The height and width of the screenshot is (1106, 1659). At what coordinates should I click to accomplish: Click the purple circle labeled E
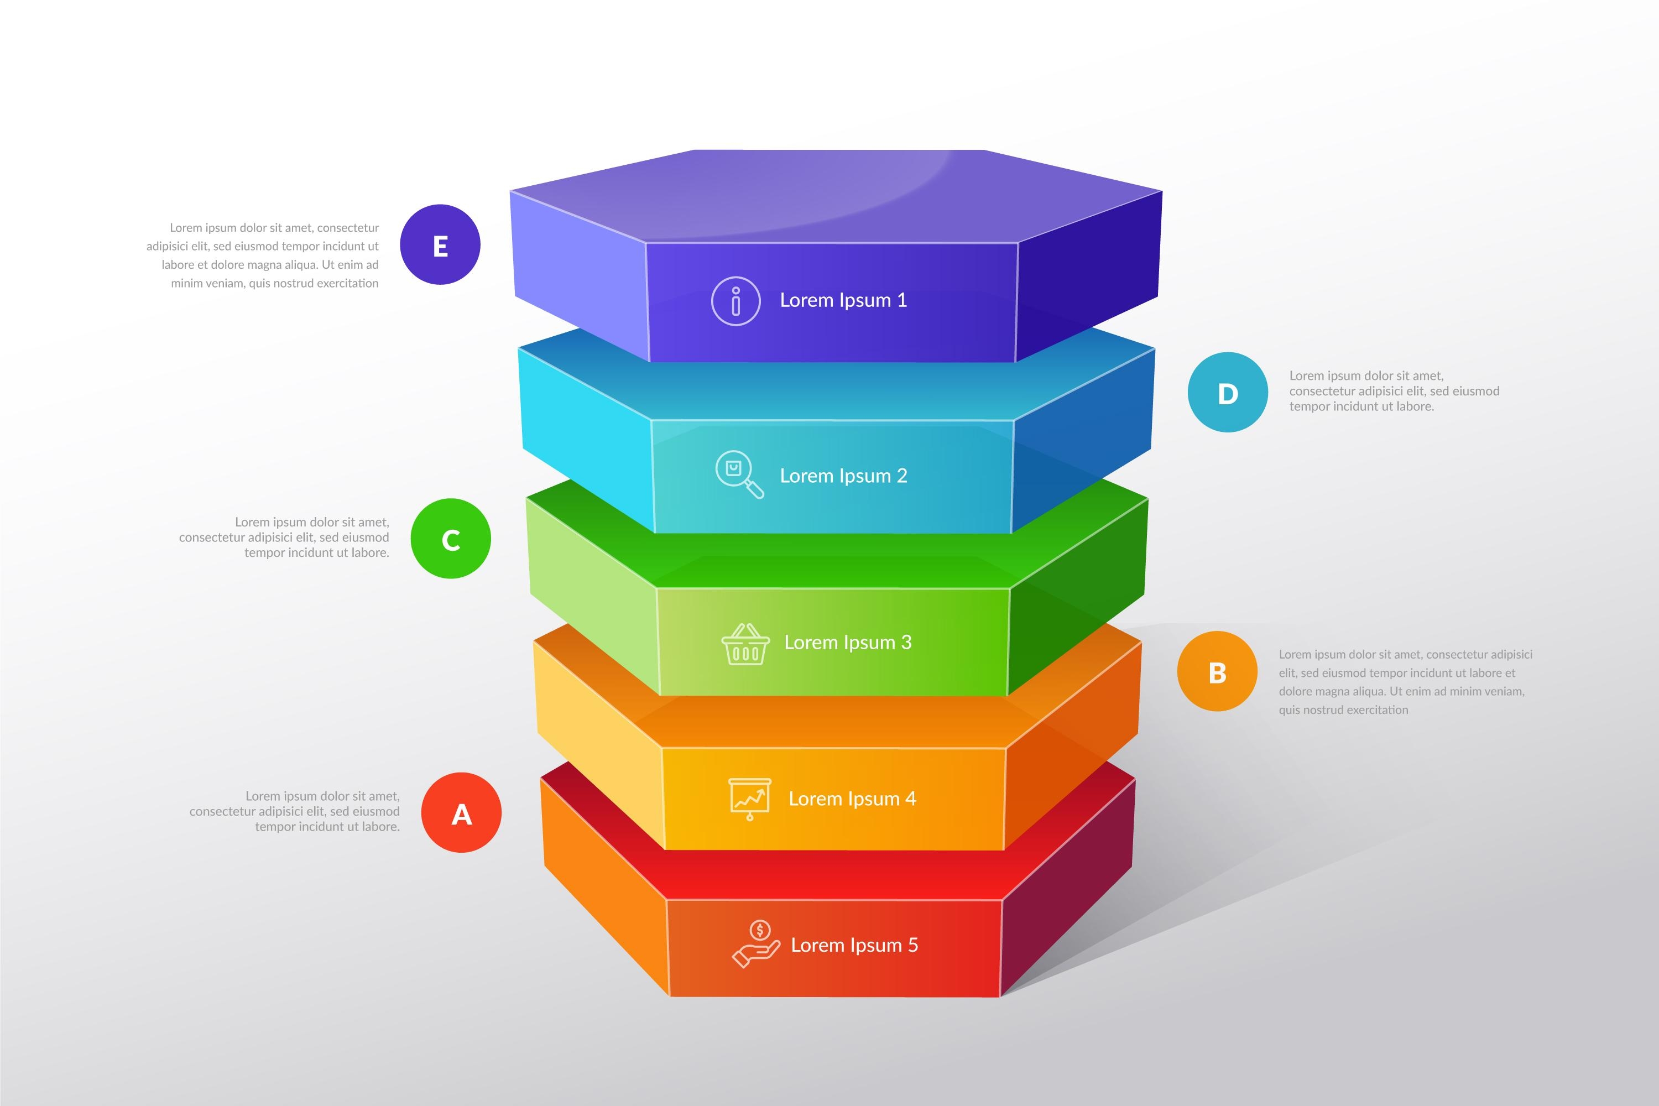[x=440, y=245]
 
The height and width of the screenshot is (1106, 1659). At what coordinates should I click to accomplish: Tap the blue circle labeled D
[x=1227, y=392]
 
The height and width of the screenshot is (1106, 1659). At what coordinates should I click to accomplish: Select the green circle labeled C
[x=451, y=539]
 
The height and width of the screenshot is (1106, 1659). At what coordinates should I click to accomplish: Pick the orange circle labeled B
[x=1217, y=671]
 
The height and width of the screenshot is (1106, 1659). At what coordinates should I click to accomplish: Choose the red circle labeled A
[x=461, y=812]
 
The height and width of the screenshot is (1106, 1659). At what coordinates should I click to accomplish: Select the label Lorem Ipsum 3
[x=848, y=643]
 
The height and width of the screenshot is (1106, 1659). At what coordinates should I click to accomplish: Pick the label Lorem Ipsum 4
[x=852, y=799]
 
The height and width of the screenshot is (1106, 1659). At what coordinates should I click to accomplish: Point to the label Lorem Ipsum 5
[x=854, y=945]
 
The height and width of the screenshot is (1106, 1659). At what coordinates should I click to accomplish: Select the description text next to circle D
[x=1393, y=391]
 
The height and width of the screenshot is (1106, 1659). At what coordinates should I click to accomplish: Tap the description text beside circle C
[x=284, y=538]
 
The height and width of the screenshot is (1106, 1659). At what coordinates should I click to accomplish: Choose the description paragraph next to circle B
[x=1405, y=681]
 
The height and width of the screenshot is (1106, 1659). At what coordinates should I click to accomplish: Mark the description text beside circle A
[x=295, y=811]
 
